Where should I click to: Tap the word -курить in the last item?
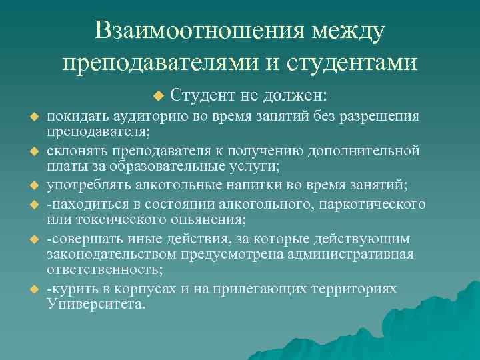pyautogui.click(x=69, y=289)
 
